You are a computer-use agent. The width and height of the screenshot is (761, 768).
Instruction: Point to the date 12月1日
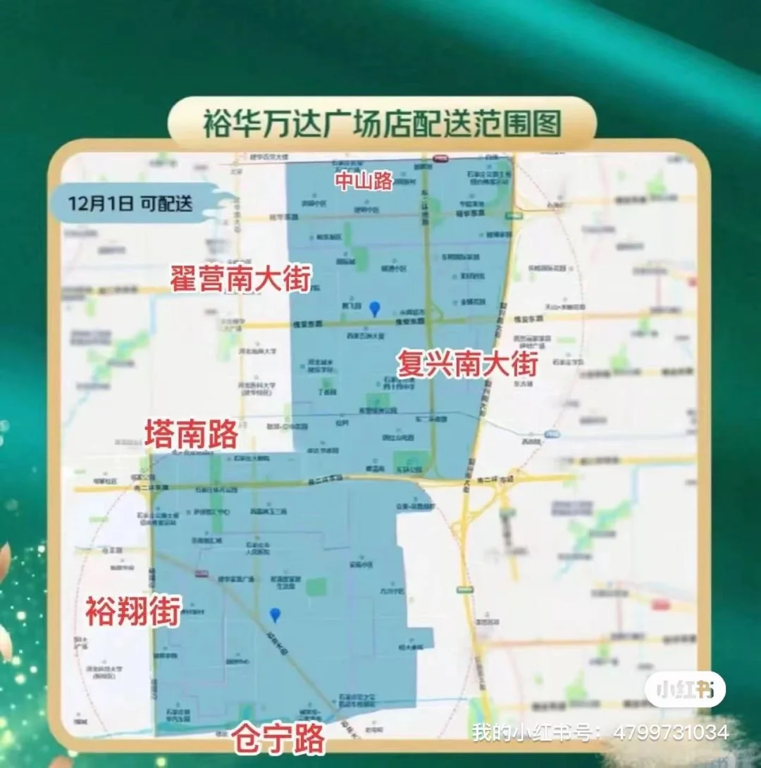[x=100, y=204]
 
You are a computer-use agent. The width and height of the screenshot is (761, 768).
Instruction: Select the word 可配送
[x=165, y=204]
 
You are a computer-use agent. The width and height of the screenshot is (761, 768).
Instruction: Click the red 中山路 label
[x=364, y=181]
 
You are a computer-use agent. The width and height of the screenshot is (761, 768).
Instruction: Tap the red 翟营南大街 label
[x=240, y=279]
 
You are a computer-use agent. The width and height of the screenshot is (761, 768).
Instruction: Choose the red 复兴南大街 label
[x=467, y=364]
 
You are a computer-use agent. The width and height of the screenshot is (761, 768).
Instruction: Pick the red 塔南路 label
[x=191, y=435]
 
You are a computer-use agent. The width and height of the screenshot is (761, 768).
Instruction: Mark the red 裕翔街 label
[x=133, y=611]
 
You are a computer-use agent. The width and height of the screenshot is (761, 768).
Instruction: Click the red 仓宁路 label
[x=280, y=738]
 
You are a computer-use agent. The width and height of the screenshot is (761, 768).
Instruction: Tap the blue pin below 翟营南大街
[x=375, y=308]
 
